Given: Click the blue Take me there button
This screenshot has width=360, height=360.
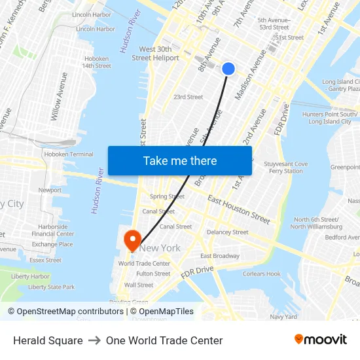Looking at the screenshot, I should coord(180,160).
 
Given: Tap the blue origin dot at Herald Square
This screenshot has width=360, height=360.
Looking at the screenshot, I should coord(228,69).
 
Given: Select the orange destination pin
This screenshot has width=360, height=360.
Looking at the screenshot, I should coord(133,239).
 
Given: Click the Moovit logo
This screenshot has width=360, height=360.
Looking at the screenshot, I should coord(321,340).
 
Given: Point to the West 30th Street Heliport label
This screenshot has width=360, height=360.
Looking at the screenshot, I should coord(156,54).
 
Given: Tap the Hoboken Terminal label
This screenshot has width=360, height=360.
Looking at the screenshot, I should coord(69,154).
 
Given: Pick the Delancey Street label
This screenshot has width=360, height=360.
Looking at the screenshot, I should coord(227,232).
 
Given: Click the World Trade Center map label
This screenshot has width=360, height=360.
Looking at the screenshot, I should coord(144,264).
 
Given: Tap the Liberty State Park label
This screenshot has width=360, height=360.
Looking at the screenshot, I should coord(51,287).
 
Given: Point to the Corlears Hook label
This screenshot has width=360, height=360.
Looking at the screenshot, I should coord(261,274).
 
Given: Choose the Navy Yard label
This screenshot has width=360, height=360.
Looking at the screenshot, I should coord(283,317).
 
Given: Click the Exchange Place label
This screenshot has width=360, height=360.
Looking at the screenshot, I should coord(52,244).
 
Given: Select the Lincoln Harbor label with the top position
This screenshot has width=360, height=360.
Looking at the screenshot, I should coord(92,14).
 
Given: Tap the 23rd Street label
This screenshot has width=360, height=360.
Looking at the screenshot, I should coord(188,97).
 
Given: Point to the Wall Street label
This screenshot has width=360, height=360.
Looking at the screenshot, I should coord(139,285).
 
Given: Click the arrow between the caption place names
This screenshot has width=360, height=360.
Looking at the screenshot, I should coord(94,340).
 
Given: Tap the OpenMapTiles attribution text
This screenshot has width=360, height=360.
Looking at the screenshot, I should coord(162,312).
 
